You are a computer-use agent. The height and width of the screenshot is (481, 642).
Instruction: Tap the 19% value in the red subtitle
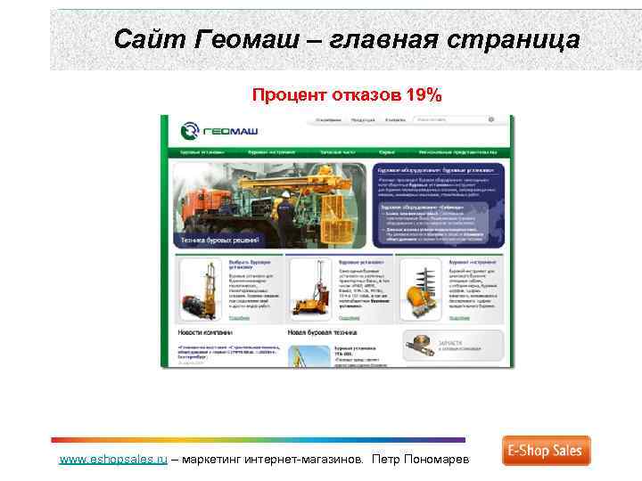[422, 95]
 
